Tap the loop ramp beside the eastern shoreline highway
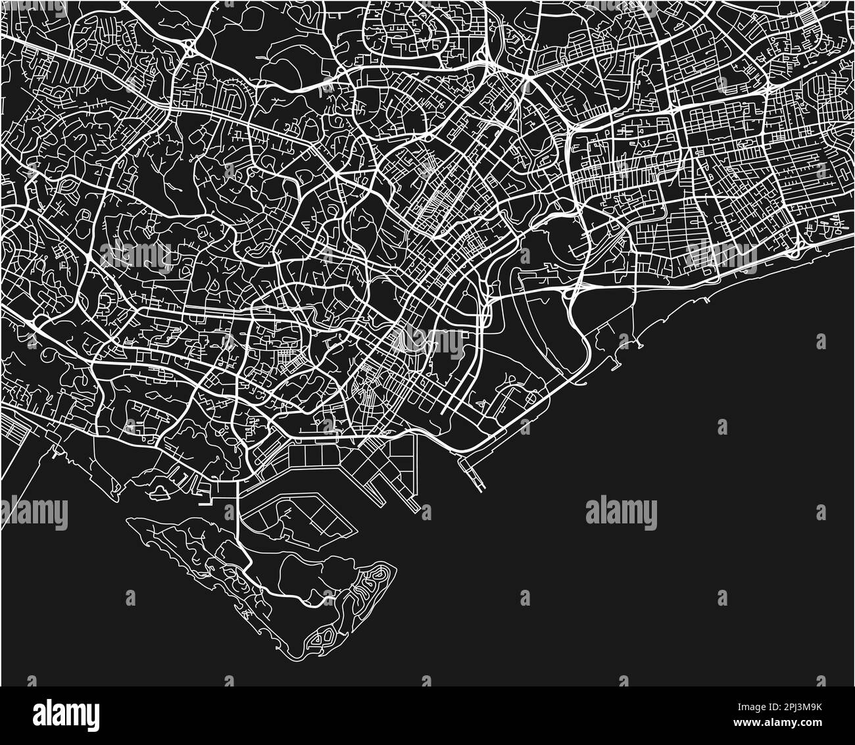(800, 248)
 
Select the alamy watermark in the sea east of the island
(621, 513)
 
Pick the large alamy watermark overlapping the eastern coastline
(721, 252)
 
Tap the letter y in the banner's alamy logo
(92, 714)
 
